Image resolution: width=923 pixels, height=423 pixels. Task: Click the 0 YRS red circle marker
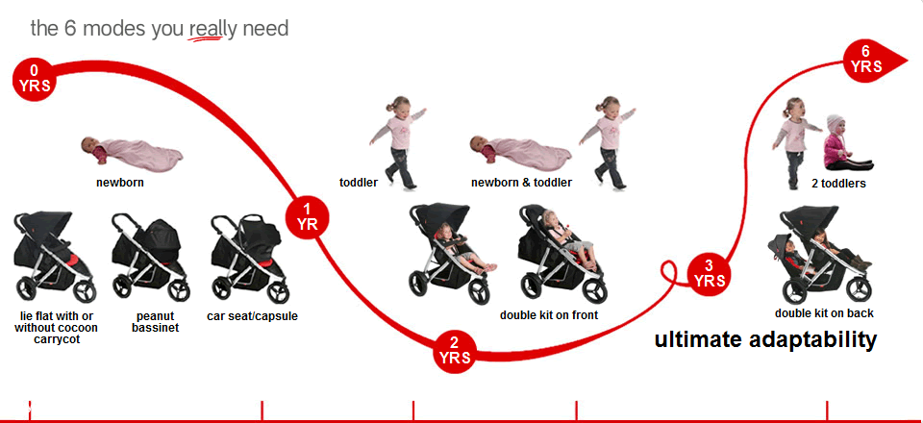click(x=34, y=80)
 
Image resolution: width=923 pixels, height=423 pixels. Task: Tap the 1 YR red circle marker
click(x=307, y=218)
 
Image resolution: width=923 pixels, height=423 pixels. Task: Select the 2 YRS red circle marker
click(x=455, y=351)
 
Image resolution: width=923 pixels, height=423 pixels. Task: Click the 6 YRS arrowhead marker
click(x=871, y=61)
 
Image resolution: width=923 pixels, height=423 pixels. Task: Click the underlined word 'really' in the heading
click(x=206, y=30)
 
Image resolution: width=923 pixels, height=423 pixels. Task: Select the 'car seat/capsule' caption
click(x=253, y=316)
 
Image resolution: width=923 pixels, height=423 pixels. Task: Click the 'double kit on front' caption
click(x=549, y=315)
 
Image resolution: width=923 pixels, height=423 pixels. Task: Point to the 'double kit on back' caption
click(x=824, y=313)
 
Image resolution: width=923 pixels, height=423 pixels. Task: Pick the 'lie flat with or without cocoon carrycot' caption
click(x=56, y=328)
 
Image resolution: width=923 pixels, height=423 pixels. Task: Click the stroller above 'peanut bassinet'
click(x=151, y=257)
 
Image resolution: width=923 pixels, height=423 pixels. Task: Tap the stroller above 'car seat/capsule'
click(x=250, y=259)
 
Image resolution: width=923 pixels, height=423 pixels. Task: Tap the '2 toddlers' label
click(x=838, y=184)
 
